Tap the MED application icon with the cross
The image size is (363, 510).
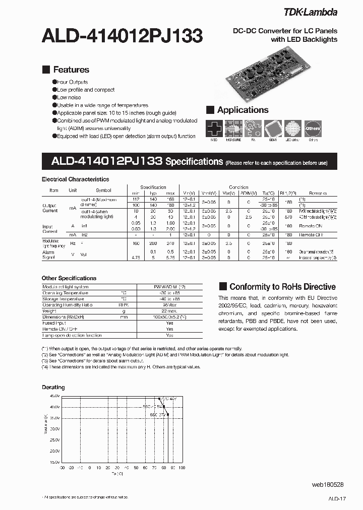tap(214, 129)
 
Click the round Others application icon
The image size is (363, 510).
tap(313, 129)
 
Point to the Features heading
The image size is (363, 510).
tap(71, 70)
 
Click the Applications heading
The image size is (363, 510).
tap(243, 110)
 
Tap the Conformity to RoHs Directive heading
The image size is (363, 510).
tap(282, 287)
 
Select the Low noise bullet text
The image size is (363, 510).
tap(69, 98)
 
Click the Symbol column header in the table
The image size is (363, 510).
tap(103, 190)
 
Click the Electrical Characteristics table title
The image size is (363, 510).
tap(75, 179)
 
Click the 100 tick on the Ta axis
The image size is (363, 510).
tap(182, 468)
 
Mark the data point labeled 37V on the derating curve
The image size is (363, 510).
tap(168, 415)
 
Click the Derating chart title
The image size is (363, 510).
tap(53, 387)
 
